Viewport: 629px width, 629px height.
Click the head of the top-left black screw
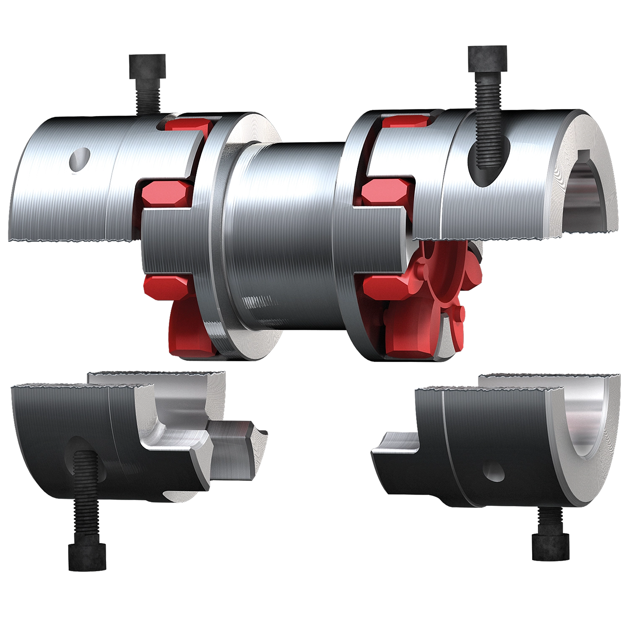pyautogui.click(x=146, y=65)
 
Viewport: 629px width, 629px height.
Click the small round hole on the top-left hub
pyautogui.click(x=80, y=159)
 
